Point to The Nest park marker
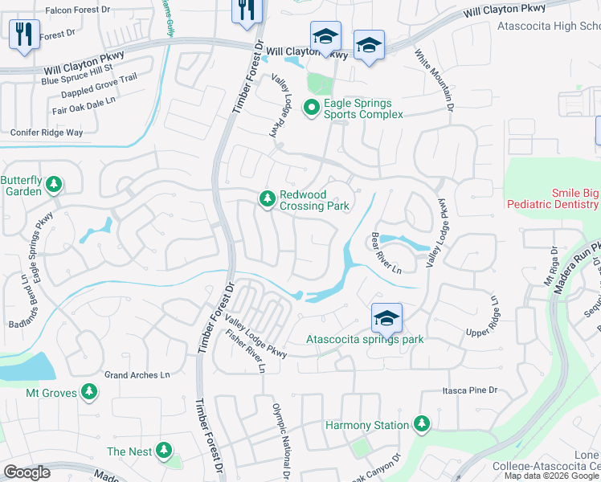point(164,451)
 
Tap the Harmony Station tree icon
point(421,424)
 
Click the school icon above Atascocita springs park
point(386,318)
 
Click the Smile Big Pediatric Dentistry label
point(553,198)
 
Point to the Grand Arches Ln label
point(137,375)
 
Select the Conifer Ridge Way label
point(46,133)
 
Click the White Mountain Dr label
point(435,80)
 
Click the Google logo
point(27,472)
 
